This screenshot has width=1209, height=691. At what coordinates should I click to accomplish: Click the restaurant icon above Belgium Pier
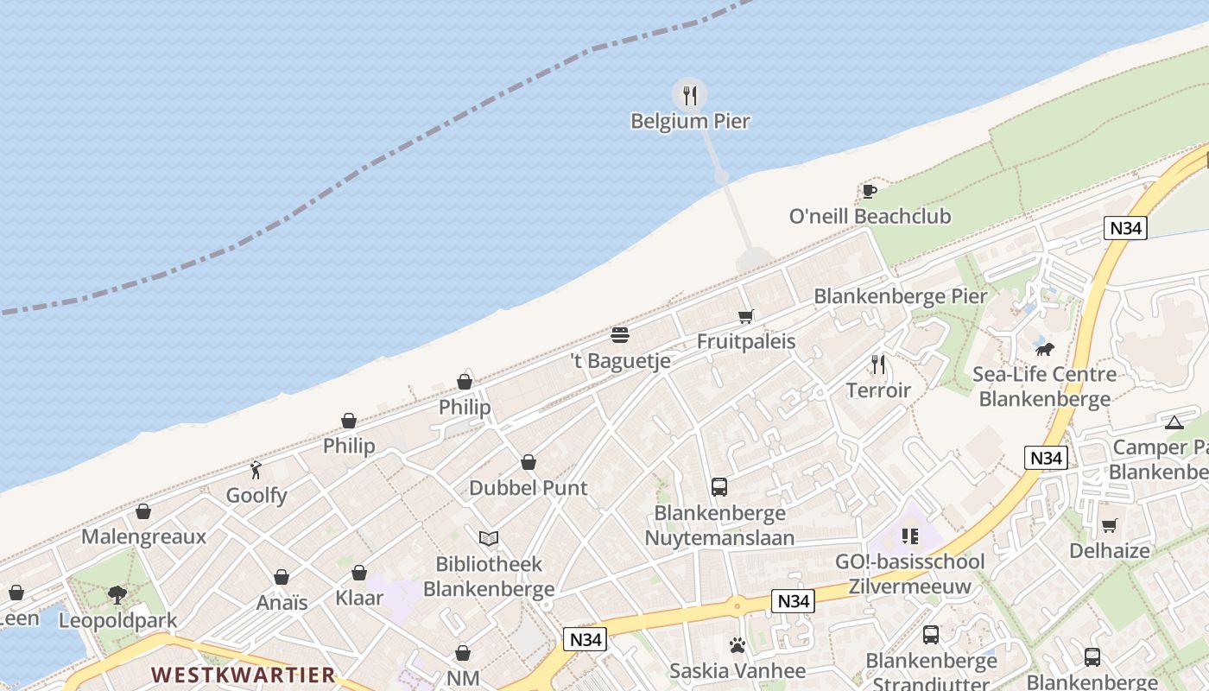(689, 95)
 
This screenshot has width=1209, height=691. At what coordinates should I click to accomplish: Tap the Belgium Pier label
(690, 121)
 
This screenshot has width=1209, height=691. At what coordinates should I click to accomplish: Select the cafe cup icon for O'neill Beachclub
(869, 191)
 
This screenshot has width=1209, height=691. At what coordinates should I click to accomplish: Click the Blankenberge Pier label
(901, 296)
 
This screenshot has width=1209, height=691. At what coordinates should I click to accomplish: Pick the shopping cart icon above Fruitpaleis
(746, 316)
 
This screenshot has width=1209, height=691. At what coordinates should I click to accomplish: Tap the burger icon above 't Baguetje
(620, 335)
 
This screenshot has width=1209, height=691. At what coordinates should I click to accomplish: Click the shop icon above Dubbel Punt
(529, 463)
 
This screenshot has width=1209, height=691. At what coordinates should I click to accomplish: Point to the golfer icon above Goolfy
(256, 470)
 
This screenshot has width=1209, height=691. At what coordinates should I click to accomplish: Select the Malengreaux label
(144, 536)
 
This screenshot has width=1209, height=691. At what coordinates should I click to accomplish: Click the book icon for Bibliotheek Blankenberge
(489, 539)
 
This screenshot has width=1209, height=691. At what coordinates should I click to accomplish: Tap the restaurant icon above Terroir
(878, 365)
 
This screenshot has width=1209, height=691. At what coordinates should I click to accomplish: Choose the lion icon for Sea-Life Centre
(1044, 349)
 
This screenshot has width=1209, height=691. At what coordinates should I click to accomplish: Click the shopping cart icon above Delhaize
(1110, 525)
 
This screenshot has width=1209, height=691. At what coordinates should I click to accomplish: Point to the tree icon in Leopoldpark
(117, 595)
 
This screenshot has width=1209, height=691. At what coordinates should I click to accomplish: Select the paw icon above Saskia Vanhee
(737, 645)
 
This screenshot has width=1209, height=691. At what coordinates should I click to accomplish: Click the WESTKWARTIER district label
(243, 674)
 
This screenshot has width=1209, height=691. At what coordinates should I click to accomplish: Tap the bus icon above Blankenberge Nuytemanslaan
(719, 487)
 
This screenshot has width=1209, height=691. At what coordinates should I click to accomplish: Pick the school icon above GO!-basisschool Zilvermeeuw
(909, 537)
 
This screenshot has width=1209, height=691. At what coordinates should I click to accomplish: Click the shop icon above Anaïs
(282, 577)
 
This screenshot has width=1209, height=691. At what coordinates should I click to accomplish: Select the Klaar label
(359, 598)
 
